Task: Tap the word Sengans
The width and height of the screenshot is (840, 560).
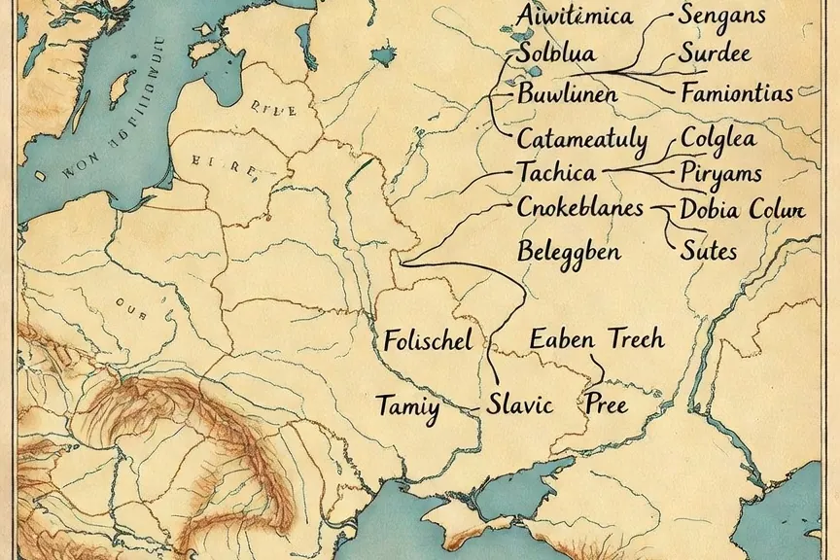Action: coord(722,15)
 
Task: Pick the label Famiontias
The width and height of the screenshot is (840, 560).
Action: coord(737,94)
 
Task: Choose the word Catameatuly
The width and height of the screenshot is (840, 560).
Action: coord(581,138)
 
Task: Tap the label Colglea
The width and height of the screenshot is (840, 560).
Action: coord(718,137)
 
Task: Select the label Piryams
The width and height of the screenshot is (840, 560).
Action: coord(720,174)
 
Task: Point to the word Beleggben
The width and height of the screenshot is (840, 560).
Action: coord(569,251)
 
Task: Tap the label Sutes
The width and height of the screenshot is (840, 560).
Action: coord(708,252)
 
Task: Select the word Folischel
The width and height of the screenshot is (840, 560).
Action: coord(428,340)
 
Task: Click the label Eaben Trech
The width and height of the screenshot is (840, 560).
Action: coord(597,338)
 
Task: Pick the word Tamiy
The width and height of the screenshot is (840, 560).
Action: coord(407,405)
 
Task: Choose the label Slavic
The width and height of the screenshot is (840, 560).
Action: coord(519,403)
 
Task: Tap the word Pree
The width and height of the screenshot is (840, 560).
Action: coord(605,403)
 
